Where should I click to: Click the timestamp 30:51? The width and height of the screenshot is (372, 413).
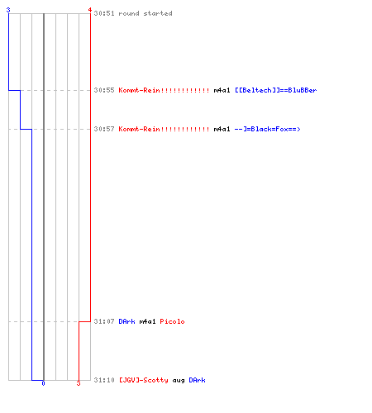pyautogui.click(x=104, y=13)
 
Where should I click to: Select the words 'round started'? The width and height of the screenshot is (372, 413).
pyautogui.click(x=145, y=13)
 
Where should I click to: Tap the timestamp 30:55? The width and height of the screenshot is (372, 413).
pyautogui.click(x=104, y=90)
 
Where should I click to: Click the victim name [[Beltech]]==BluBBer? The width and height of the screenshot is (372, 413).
pyautogui.click(x=276, y=90)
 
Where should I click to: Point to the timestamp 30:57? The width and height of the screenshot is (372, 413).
pyautogui.click(x=104, y=129)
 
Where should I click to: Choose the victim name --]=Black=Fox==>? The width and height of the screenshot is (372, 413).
pyautogui.click(x=267, y=129)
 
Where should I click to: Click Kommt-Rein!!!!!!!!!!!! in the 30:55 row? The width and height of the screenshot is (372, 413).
pyautogui.click(x=164, y=90)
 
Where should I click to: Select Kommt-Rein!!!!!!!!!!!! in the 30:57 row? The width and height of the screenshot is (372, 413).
pyautogui.click(x=164, y=129)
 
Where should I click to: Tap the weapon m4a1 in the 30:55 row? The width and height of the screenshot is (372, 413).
pyautogui.click(x=222, y=90)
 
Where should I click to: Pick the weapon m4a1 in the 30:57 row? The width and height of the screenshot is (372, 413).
pyautogui.click(x=222, y=129)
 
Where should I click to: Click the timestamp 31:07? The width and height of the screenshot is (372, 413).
pyautogui.click(x=104, y=321)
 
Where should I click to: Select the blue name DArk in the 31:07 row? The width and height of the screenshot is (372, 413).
pyautogui.click(x=126, y=321)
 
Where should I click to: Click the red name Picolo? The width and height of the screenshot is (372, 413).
pyautogui.click(x=172, y=321)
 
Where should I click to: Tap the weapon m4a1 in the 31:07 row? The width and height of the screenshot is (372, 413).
pyautogui.click(x=147, y=321)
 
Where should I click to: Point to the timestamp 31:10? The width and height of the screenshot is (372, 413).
pyautogui.click(x=104, y=380)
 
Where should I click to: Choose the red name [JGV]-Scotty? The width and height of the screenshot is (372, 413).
pyautogui.click(x=144, y=380)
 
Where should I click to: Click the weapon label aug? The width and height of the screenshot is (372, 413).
pyautogui.click(x=179, y=381)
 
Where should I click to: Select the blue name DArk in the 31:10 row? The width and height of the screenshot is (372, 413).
pyautogui.click(x=197, y=380)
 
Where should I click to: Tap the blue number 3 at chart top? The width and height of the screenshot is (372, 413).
pyautogui.click(x=8, y=10)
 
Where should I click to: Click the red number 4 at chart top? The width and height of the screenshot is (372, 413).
pyautogui.click(x=90, y=10)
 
